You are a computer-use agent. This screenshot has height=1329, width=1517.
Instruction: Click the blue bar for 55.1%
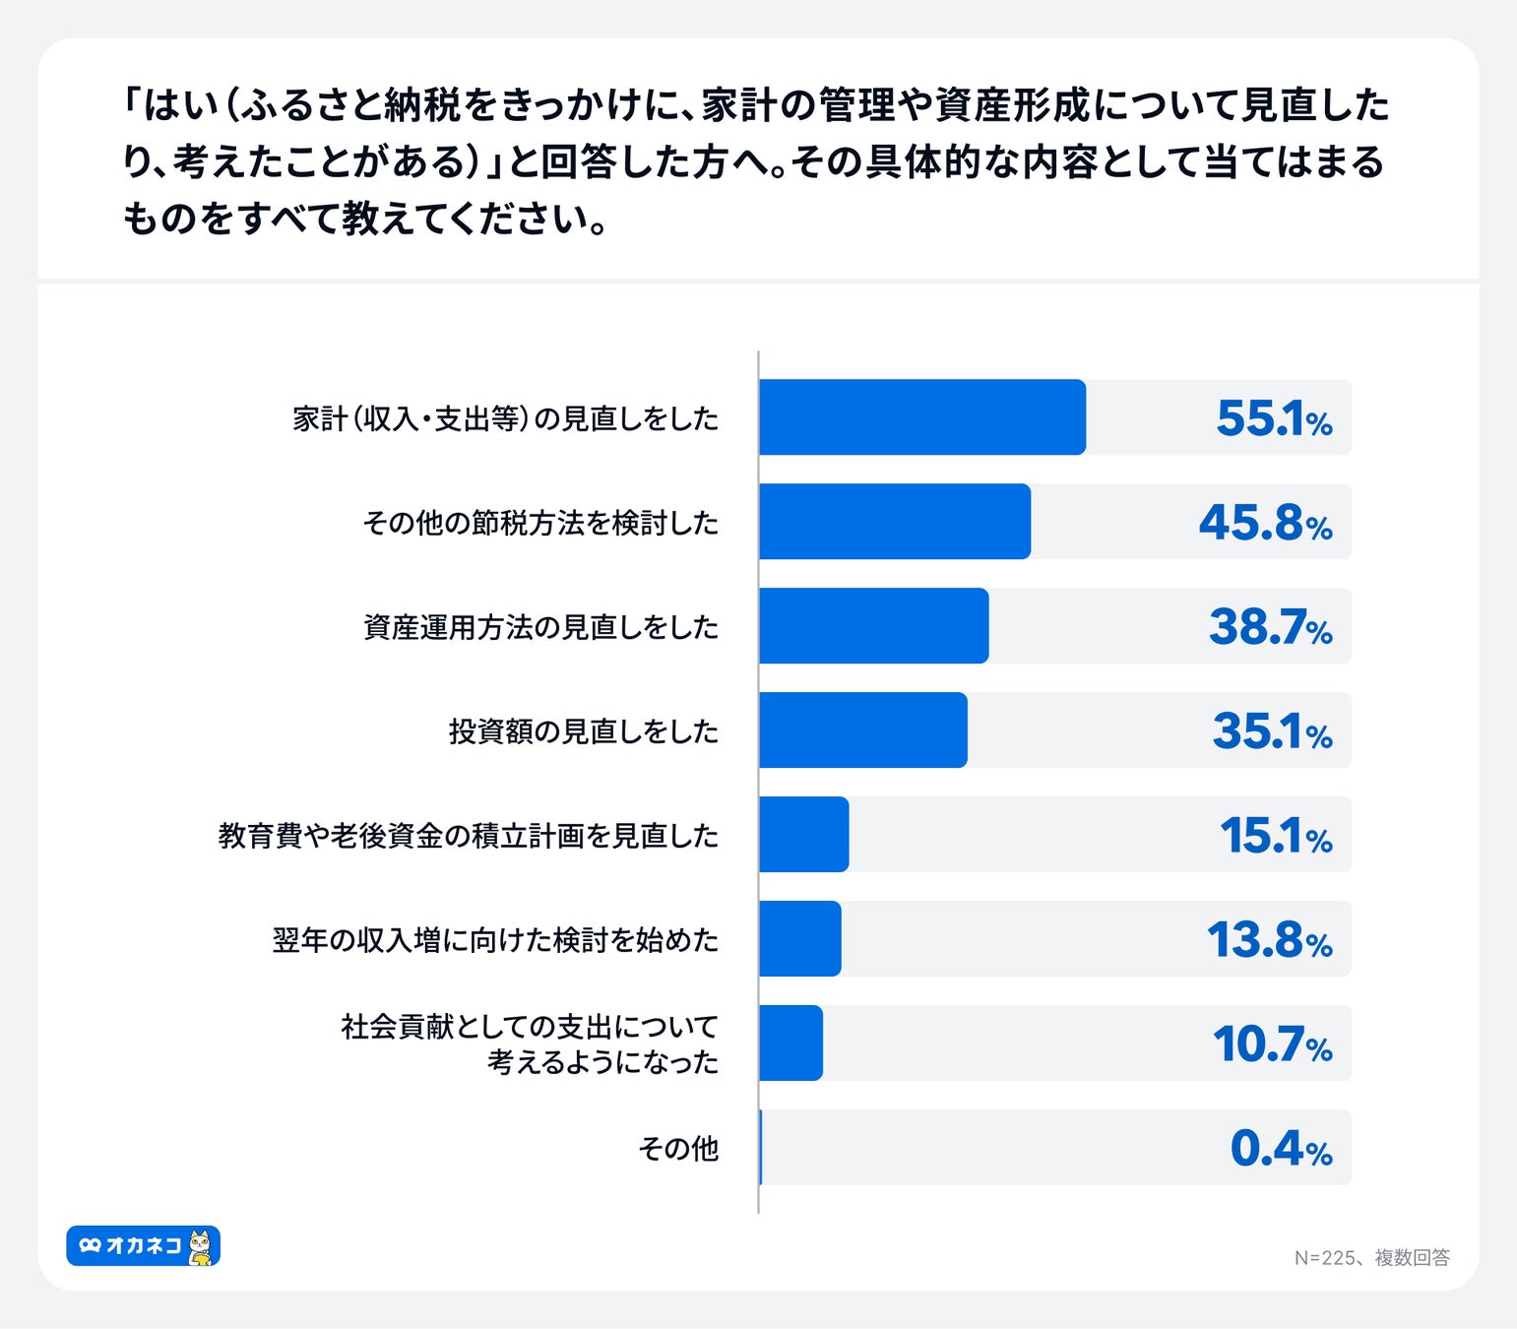click(922, 417)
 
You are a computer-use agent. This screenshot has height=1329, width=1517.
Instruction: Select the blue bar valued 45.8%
click(895, 522)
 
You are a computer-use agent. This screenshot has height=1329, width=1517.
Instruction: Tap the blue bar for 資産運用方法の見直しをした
click(874, 626)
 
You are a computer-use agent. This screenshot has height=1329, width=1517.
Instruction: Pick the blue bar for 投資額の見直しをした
click(863, 730)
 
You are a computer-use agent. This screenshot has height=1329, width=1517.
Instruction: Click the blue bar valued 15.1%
click(804, 835)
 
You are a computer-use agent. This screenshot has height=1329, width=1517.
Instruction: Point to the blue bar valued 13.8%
click(800, 939)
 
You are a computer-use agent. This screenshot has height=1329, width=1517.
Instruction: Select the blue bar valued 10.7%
click(791, 1044)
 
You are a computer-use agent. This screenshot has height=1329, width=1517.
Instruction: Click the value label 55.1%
click(1274, 418)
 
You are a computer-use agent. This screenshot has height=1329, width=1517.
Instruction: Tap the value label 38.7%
click(1270, 627)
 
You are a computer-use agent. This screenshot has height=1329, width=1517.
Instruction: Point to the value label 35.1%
click(1272, 731)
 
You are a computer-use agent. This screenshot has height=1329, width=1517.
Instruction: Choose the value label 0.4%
click(1281, 1149)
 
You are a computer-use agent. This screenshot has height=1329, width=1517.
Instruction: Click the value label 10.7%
click(1272, 1044)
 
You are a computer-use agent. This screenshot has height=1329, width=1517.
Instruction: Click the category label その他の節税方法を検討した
click(540, 523)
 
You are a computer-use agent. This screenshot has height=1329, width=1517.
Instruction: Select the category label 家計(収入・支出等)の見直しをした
click(505, 418)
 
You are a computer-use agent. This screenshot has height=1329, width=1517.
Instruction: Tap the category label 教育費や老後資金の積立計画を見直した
click(468, 836)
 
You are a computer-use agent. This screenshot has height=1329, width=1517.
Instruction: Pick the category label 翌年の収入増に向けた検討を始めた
click(495, 940)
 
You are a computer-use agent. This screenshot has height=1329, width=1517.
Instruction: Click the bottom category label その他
click(678, 1149)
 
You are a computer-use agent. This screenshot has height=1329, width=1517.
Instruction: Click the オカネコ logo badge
click(143, 1246)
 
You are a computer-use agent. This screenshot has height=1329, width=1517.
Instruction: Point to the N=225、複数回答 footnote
click(1371, 1258)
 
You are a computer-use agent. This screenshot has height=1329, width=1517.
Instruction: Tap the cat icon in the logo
click(200, 1246)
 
